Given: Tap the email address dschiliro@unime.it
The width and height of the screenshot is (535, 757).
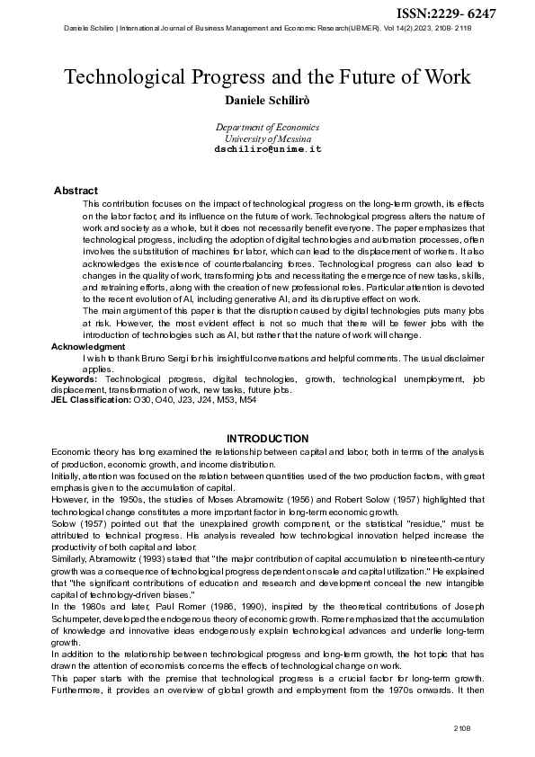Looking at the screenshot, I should tap(267, 149).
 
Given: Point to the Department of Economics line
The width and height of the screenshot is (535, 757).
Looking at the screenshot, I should tap(267, 129).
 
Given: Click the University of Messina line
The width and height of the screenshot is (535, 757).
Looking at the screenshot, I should tap(267, 139).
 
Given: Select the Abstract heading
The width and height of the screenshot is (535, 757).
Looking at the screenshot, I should tap(76, 191).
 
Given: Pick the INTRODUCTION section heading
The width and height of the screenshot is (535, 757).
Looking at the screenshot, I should tap(267, 439).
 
